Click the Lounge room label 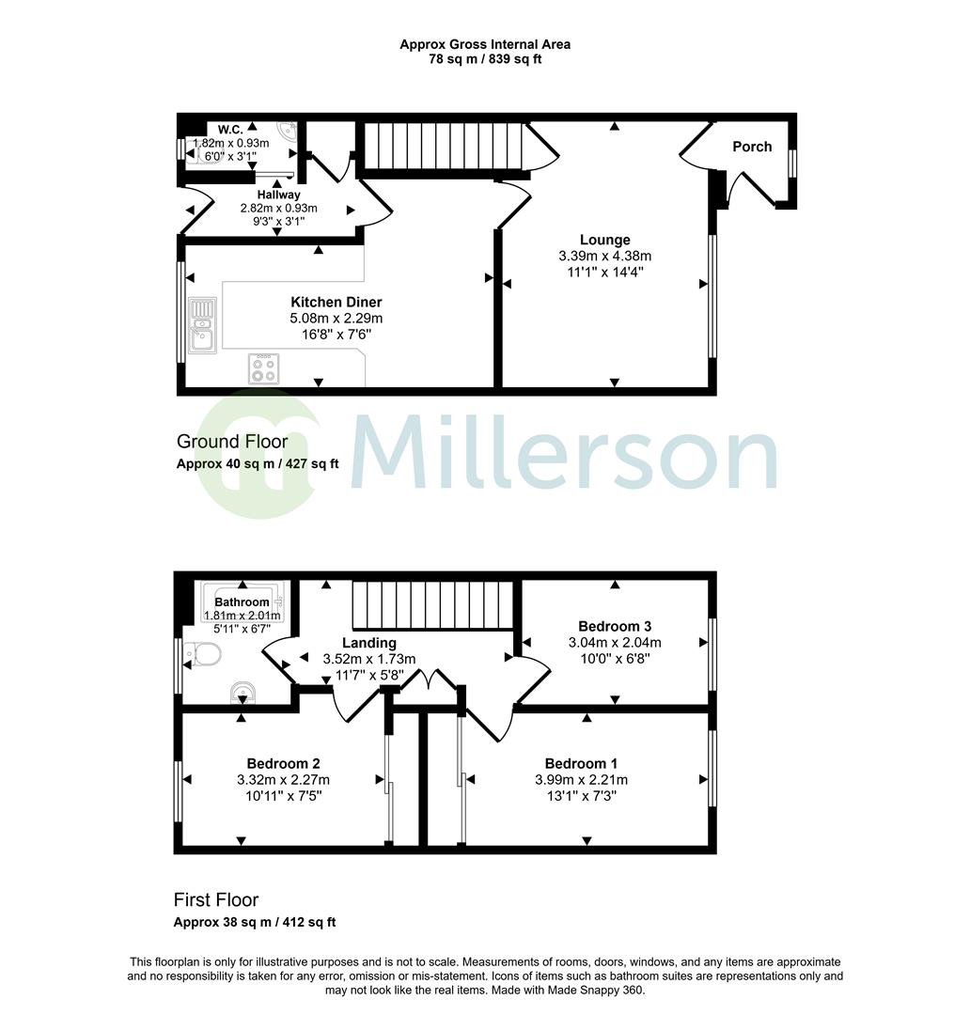point(604,240)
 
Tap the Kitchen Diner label point(336,302)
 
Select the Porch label point(752,147)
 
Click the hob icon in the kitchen point(264,367)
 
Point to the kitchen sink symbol point(202,325)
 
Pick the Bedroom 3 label point(615,627)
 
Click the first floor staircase point(434,604)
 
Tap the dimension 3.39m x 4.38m point(604,256)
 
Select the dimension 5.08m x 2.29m point(336,319)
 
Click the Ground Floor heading point(231,442)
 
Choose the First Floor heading point(215,900)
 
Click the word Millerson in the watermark point(564,456)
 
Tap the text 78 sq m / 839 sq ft point(484,59)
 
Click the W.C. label point(231,129)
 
